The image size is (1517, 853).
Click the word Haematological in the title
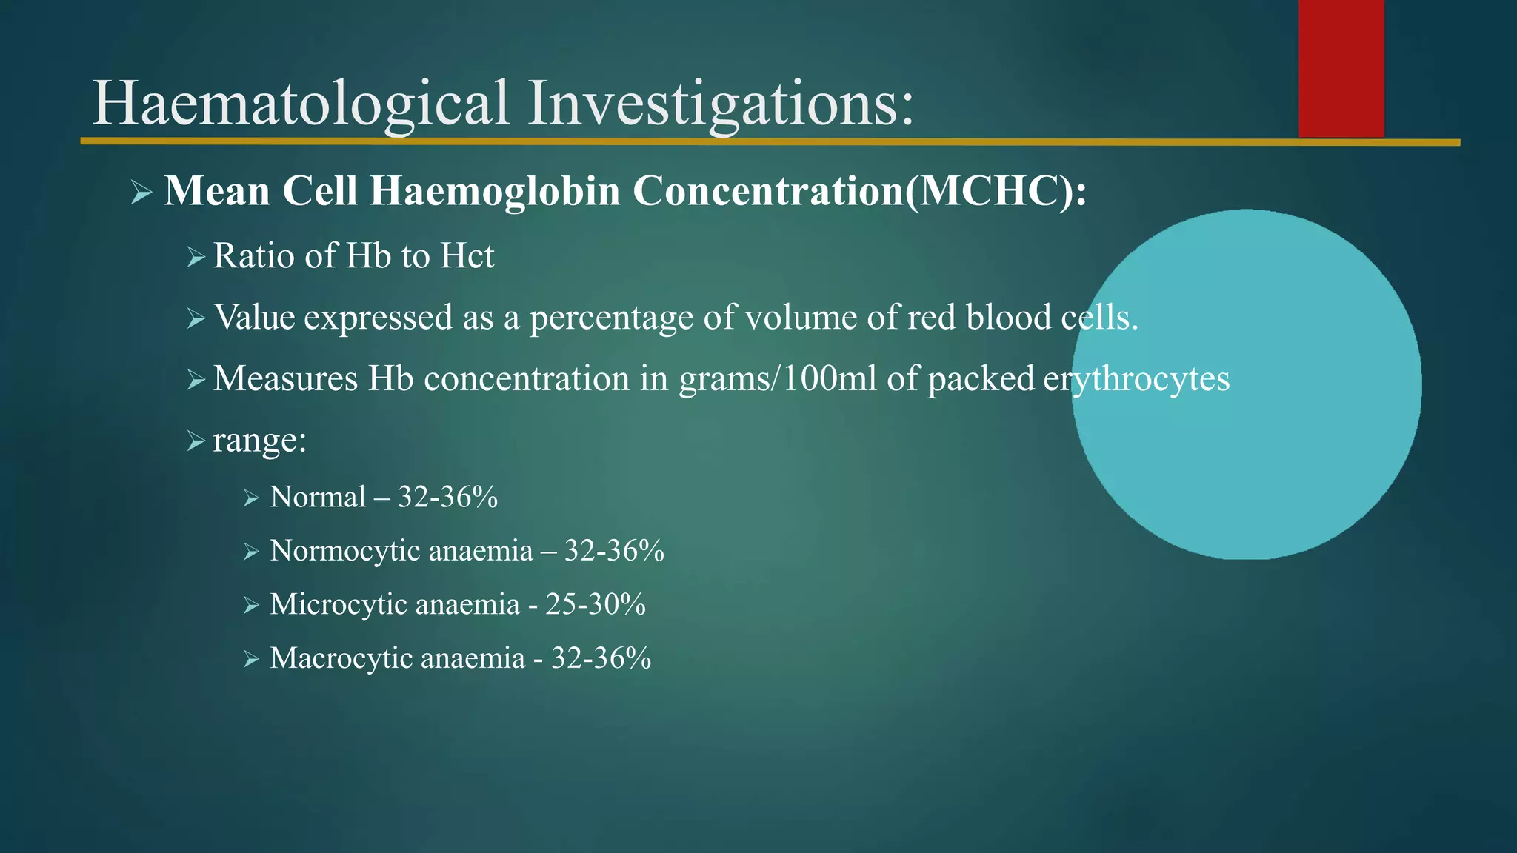[x=301, y=104]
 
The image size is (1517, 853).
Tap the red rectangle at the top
[x=1341, y=68]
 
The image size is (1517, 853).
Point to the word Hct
[x=467, y=256]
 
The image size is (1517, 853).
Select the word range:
[x=259, y=441]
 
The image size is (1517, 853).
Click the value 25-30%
[x=596, y=604]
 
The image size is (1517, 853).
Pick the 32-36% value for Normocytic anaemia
[x=614, y=551]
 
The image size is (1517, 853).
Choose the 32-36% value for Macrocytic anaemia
[x=601, y=658]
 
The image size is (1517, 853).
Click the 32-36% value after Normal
[x=447, y=497]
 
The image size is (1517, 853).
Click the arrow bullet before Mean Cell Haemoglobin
[x=141, y=193]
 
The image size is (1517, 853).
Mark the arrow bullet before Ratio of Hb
[x=196, y=258]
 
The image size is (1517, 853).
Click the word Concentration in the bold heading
[x=767, y=191]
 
